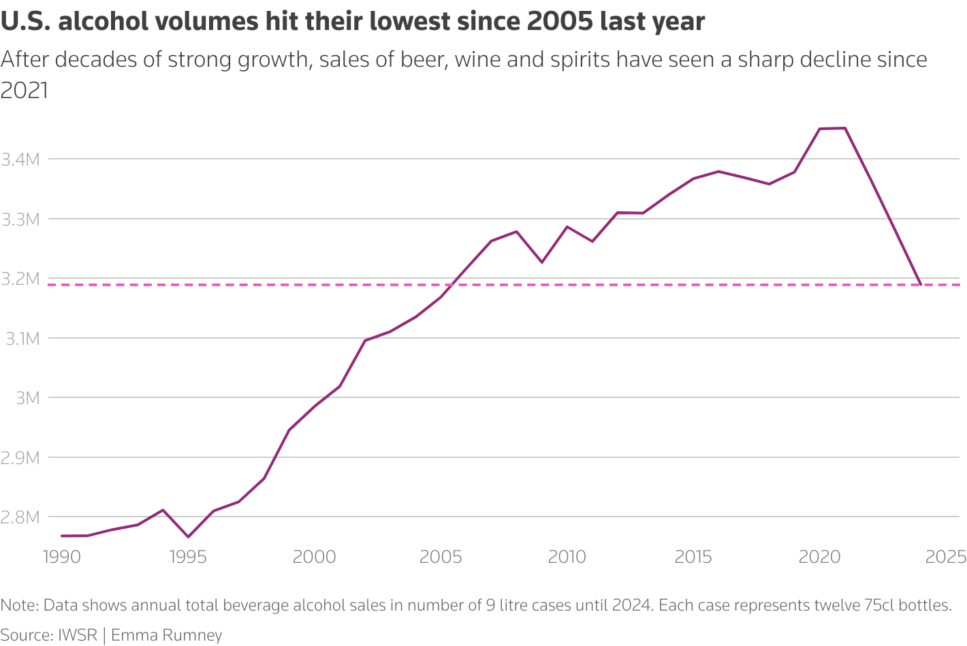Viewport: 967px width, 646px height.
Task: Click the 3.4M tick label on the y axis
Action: [20, 160]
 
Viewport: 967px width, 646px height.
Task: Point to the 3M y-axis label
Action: [28, 398]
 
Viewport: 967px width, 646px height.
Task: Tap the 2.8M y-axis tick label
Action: [20, 517]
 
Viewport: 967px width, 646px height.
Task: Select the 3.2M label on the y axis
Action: [20, 279]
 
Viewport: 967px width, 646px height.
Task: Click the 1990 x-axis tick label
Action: [61, 557]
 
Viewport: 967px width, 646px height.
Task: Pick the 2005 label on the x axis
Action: [441, 557]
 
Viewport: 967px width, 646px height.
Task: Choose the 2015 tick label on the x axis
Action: [693, 557]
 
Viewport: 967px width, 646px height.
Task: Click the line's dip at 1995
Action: [188, 537]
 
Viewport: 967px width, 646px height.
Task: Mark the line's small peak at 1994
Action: [163, 510]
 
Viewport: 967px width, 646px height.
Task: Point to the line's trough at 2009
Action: [542, 262]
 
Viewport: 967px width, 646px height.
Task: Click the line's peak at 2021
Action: [845, 128]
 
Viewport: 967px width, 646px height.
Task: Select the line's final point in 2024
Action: [921, 285]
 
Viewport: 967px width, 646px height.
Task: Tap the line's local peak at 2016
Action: [719, 172]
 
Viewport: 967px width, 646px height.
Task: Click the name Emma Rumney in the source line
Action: [167, 635]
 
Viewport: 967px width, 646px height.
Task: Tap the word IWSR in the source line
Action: [78, 635]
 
